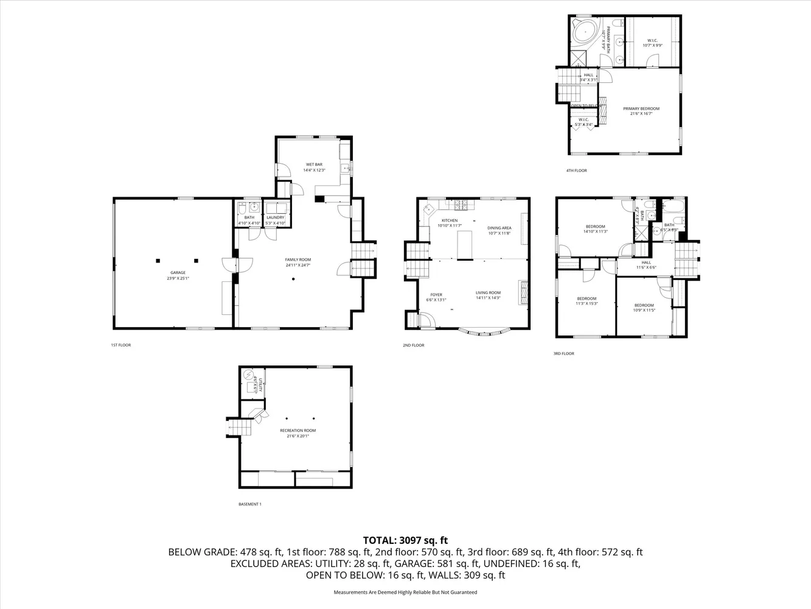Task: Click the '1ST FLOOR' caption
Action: click(x=120, y=345)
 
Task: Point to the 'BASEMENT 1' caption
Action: click(x=249, y=504)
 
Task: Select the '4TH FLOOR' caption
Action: click(x=576, y=171)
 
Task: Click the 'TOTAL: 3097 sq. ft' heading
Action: click(x=405, y=540)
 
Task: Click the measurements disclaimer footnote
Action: click(x=405, y=592)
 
